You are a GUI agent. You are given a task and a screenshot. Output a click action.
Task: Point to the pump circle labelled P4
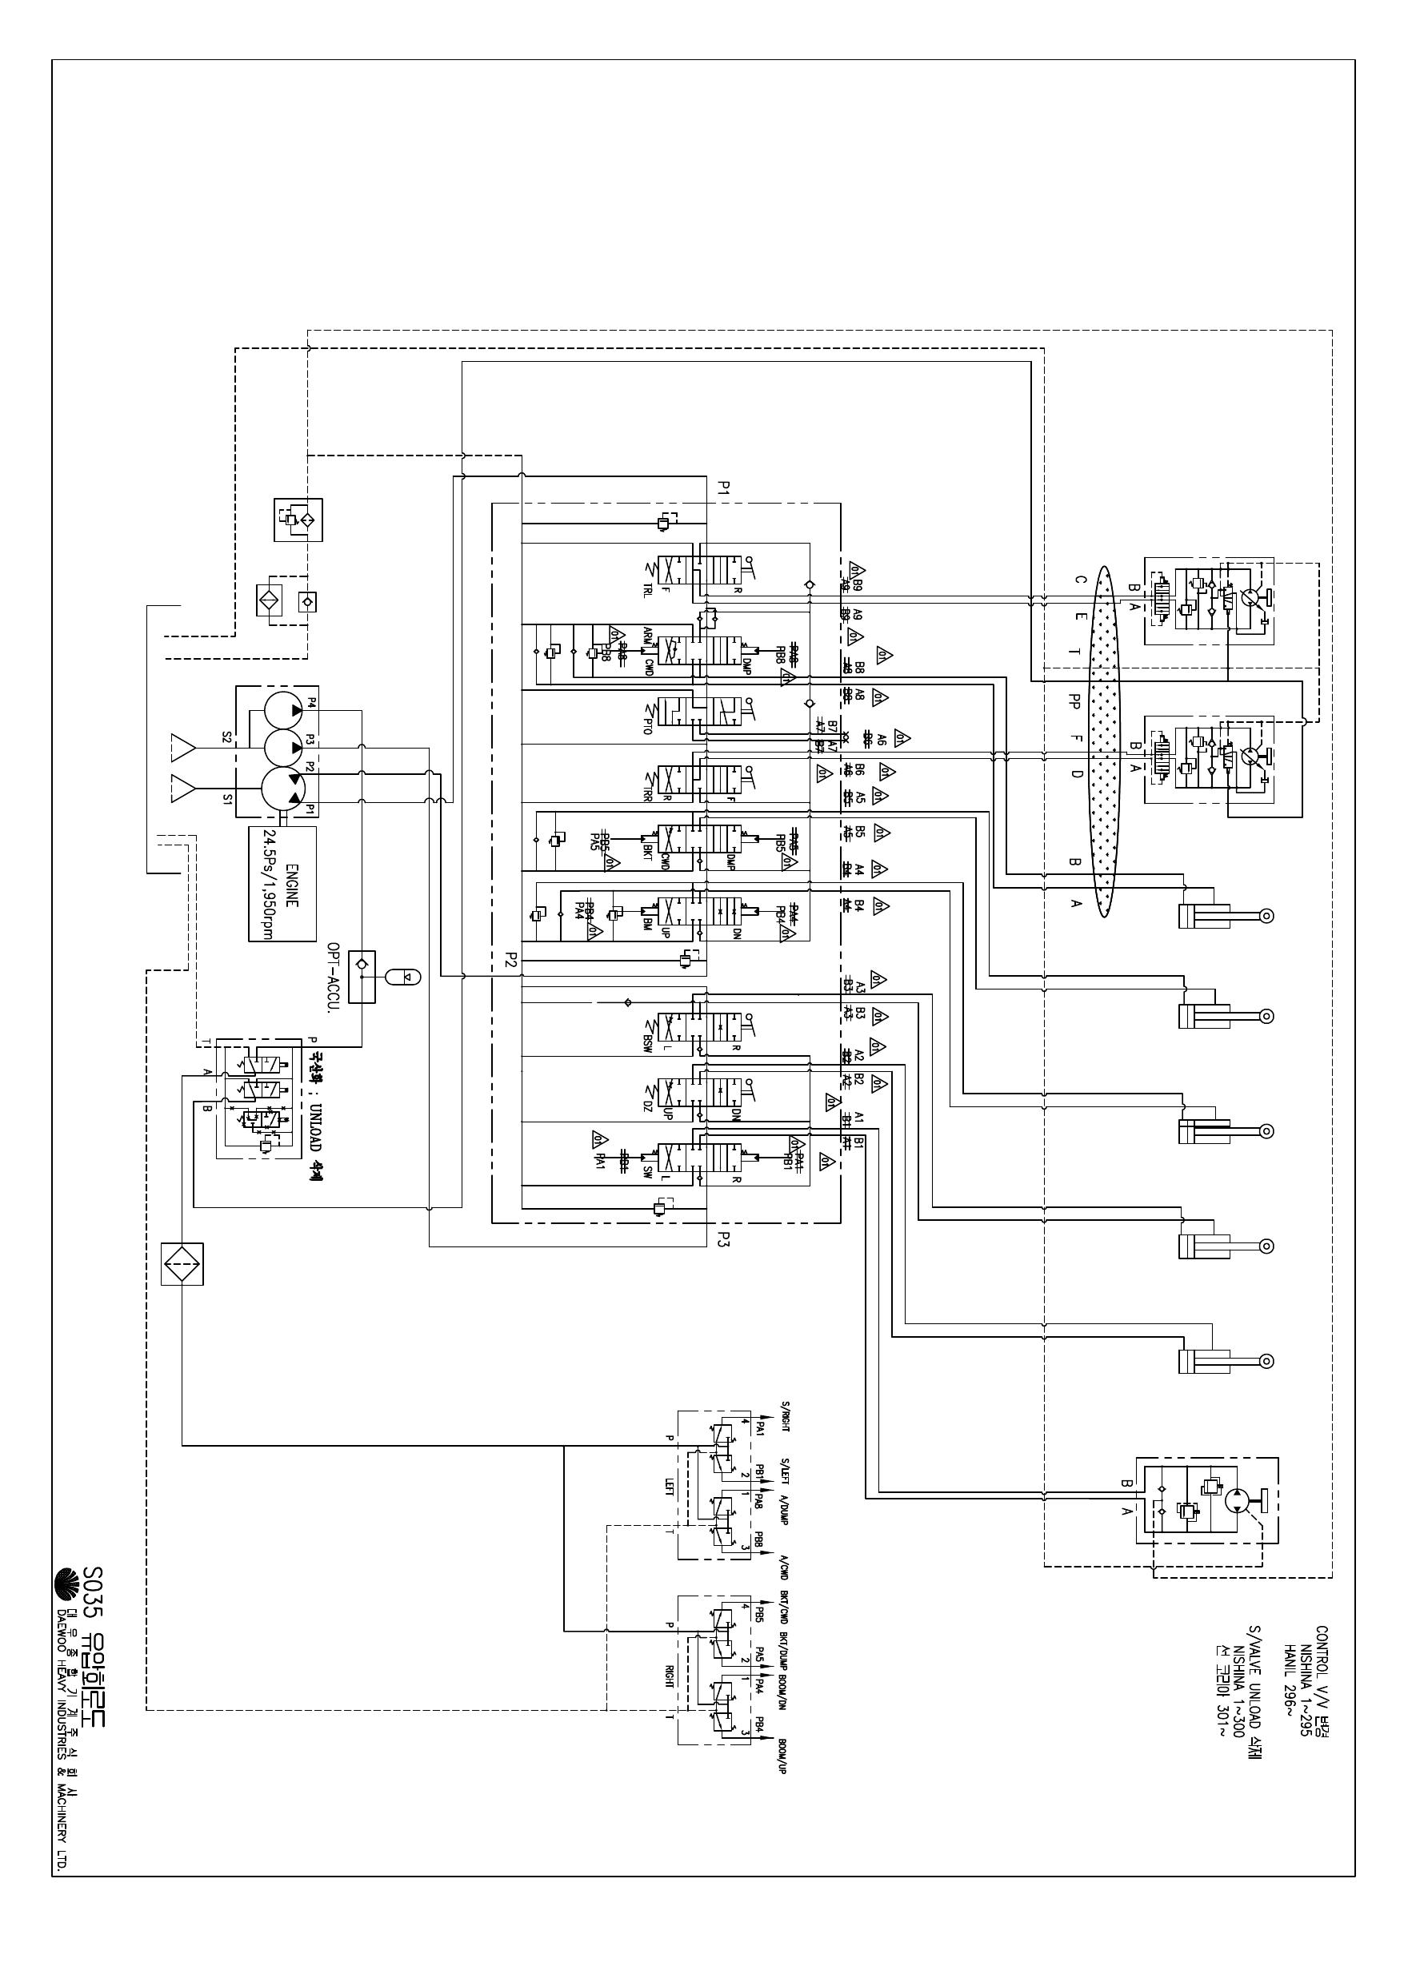[281, 708]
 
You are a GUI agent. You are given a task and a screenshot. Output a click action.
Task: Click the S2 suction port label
[227, 737]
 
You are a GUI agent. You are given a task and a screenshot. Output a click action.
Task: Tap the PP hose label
[1075, 699]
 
